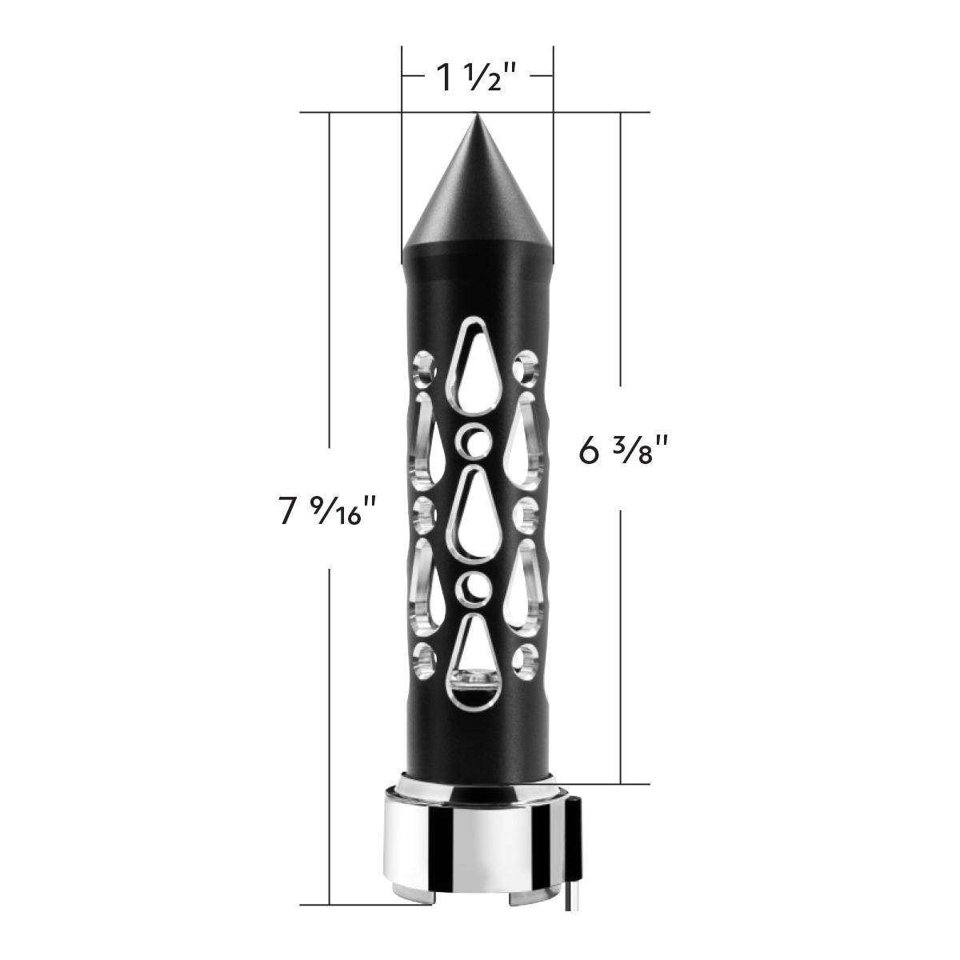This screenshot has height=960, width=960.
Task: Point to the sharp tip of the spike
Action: coord(477,116)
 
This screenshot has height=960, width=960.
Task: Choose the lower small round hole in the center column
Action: coord(474,586)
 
